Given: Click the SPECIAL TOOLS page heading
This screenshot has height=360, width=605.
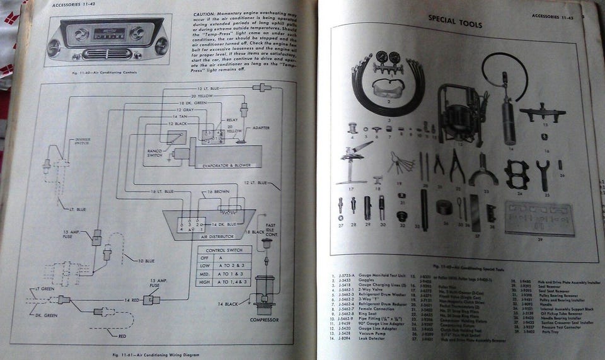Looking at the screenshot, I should click(454, 24).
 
